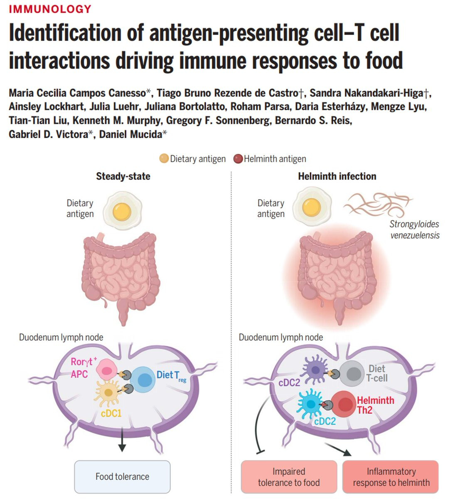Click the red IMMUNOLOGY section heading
pos(50,9)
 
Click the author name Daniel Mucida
pos(131,134)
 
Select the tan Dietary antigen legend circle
pos(164,158)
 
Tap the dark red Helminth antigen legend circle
pos(238,159)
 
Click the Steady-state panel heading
pos(123,176)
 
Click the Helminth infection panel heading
pos(337,176)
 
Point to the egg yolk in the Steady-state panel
pos(122,212)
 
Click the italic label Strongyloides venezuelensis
pos(414,230)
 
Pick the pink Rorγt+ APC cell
pos(107,370)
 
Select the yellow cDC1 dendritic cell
pos(108,393)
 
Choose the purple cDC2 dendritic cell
pos(315,369)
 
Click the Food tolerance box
pos(122,477)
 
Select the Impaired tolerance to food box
pos(289,477)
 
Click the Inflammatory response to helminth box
pos(390,477)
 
